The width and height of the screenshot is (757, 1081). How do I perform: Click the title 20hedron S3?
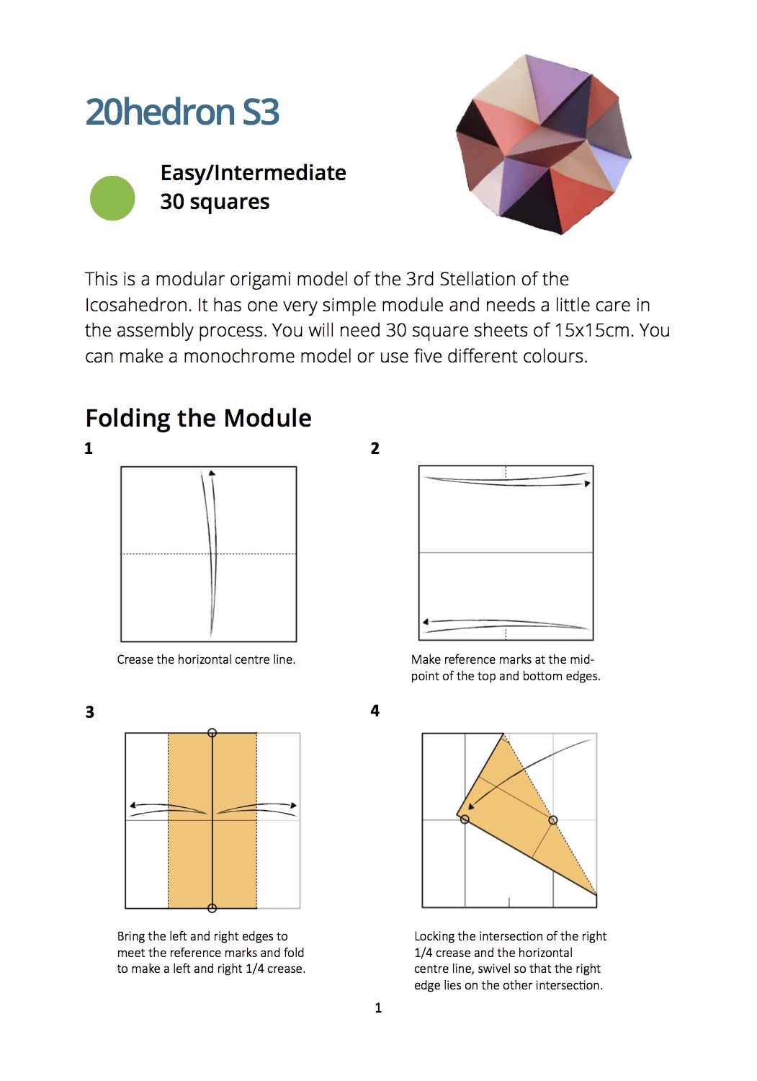(182, 112)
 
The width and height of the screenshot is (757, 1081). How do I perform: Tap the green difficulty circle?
(112, 198)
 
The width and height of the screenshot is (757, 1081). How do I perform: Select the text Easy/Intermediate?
(253, 173)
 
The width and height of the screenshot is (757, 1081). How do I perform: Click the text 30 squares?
(215, 202)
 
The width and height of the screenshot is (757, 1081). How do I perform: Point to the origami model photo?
(544, 144)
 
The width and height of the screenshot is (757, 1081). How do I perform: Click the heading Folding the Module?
(198, 418)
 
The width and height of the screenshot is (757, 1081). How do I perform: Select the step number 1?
(89, 449)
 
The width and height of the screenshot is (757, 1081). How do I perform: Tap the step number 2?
(375, 449)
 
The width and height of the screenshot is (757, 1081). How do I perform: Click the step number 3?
(89, 713)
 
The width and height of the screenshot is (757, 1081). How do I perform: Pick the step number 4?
(375, 711)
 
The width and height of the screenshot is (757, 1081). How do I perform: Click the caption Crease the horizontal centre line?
(206, 659)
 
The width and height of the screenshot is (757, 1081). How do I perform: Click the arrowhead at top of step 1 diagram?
(212, 473)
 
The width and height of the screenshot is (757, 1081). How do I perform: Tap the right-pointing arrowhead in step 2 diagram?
(588, 484)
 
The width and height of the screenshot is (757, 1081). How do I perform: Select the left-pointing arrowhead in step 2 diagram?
(426, 621)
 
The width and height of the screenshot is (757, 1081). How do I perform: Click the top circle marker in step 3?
(212, 733)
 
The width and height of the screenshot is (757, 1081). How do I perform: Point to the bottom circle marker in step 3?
(212, 908)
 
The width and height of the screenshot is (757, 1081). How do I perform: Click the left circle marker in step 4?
(465, 819)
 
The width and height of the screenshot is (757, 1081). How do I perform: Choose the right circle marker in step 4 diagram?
(553, 820)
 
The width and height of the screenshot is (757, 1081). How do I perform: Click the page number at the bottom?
(378, 1008)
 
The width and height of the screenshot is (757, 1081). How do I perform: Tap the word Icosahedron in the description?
(138, 305)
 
